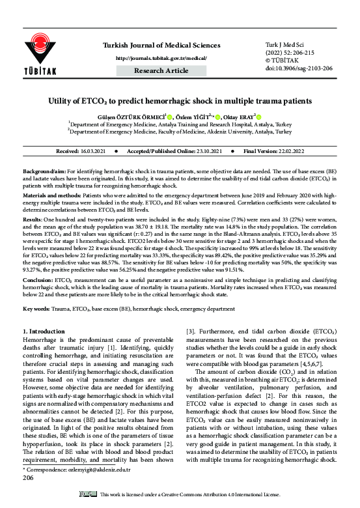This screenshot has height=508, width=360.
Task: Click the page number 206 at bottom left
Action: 28,496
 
